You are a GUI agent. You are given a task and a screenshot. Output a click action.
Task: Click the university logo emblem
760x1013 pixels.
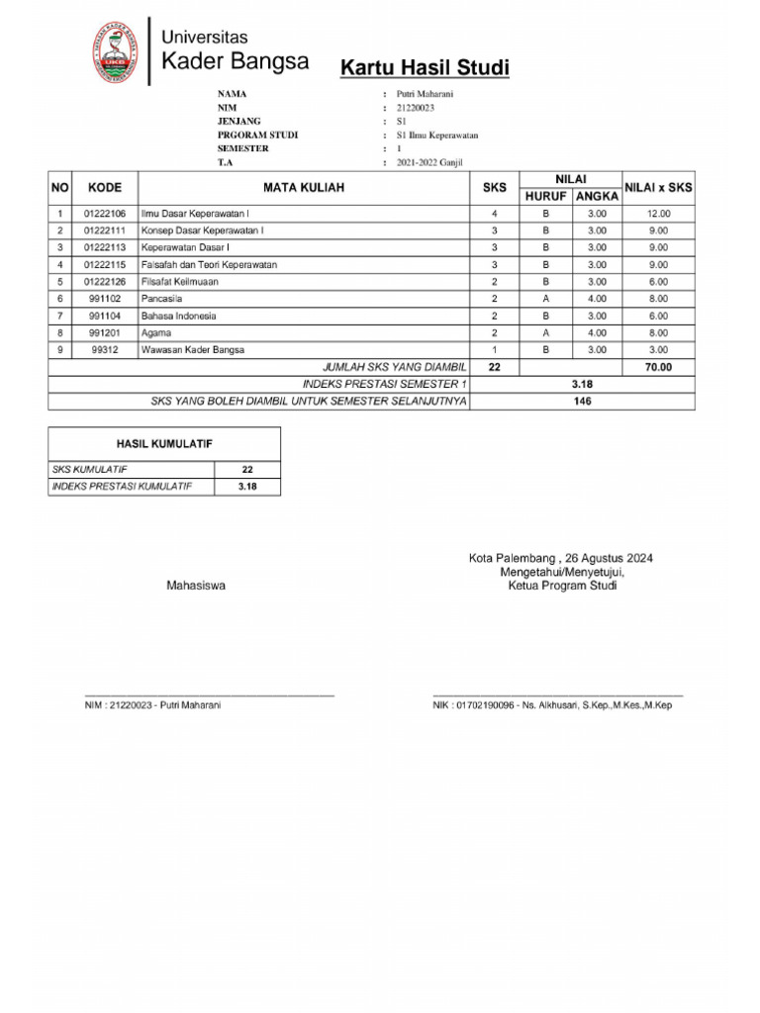click(x=117, y=50)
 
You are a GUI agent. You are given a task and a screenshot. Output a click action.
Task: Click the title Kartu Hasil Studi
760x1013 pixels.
click(x=425, y=68)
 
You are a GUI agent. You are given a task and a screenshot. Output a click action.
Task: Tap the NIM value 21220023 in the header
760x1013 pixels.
click(x=416, y=108)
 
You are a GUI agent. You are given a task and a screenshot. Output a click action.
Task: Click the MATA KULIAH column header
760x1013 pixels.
click(x=304, y=187)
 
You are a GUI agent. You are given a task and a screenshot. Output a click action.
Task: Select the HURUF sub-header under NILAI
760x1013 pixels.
click(x=545, y=196)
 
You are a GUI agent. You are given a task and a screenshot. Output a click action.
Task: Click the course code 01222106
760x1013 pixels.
click(x=105, y=214)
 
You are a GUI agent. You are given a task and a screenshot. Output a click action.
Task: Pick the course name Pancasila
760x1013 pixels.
click(x=161, y=299)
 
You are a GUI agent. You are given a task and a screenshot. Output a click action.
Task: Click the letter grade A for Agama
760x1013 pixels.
click(x=545, y=333)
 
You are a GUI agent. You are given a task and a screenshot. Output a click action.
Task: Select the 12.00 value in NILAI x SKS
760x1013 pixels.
click(x=658, y=214)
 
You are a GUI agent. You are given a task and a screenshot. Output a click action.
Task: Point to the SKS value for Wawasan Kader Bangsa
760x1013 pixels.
click(x=495, y=350)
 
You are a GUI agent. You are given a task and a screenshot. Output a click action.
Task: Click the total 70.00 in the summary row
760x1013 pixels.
click(x=658, y=367)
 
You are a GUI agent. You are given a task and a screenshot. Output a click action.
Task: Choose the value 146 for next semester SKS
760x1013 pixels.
click(x=582, y=402)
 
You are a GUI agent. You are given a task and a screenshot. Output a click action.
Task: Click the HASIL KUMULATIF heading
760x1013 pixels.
click(x=164, y=444)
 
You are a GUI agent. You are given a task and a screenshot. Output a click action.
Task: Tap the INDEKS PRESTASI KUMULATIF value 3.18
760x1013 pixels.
click(x=247, y=487)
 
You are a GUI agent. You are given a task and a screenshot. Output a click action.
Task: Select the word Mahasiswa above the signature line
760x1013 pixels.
click(x=196, y=586)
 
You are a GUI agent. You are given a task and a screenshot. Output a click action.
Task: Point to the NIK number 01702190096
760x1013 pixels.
click(x=483, y=705)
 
